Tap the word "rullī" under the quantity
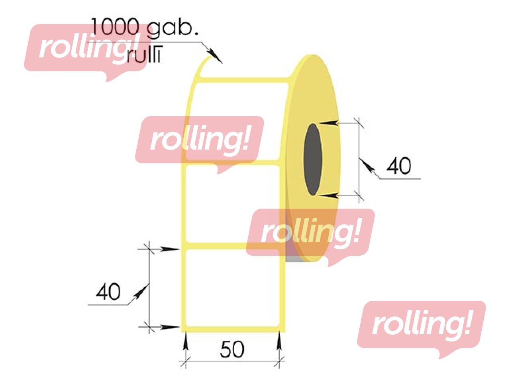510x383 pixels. point(144,55)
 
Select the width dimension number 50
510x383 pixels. point(232,349)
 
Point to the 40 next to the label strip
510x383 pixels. point(108,292)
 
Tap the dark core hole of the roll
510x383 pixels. point(312,159)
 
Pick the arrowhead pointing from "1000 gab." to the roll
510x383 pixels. point(215,56)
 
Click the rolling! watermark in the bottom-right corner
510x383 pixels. point(421,326)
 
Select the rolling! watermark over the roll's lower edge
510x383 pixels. point(310,233)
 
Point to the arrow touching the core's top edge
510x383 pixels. point(329,123)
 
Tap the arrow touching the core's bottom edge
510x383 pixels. point(329,195)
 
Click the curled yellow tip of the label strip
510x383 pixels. point(203,66)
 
